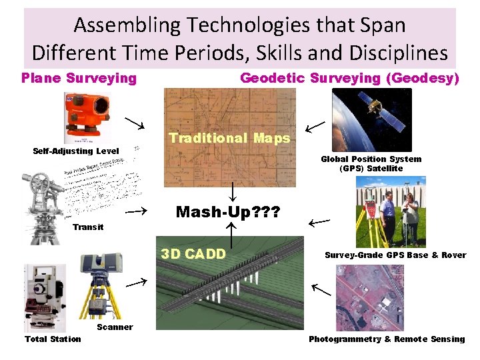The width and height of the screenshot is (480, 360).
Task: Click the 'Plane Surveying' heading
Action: click(79, 78)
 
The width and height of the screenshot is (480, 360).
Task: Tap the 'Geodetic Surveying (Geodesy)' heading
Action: click(349, 78)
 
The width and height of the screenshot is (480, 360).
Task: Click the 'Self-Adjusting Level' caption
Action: click(76, 151)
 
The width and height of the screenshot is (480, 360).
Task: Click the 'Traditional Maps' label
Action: click(229, 138)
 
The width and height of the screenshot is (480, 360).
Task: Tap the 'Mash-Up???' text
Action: click(228, 212)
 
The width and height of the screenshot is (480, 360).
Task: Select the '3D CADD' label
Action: click(193, 253)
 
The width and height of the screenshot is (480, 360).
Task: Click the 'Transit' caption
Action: click(88, 227)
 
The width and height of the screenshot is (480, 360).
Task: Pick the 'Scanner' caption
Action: click(115, 327)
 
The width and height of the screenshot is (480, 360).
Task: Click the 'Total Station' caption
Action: click(53, 339)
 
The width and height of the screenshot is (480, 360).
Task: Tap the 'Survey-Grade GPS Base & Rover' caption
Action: click(395, 255)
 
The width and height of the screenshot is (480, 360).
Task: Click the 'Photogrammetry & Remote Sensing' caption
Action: click(387, 339)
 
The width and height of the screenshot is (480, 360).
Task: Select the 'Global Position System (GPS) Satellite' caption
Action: click(371, 163)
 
